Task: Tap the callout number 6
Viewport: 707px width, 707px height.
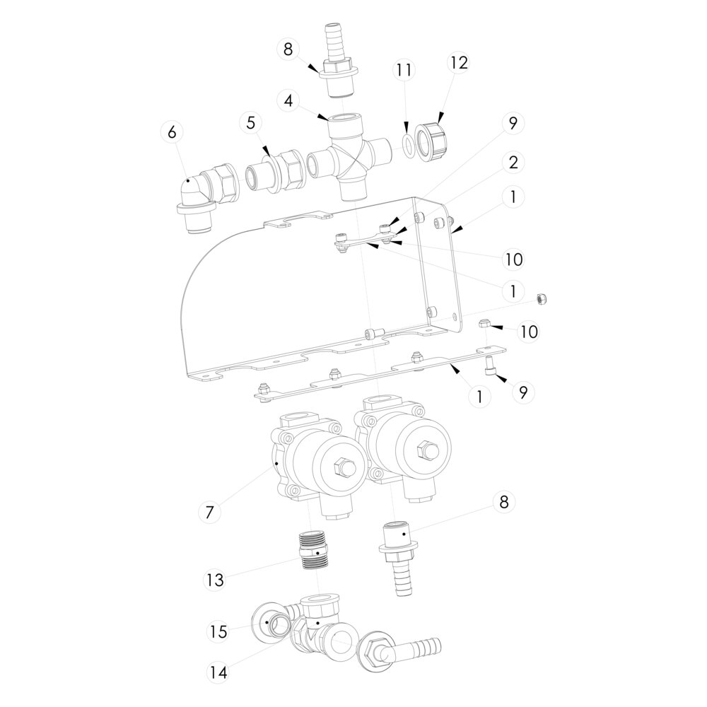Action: tap(172, 132)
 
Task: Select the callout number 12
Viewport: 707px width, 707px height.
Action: tap(458, 62)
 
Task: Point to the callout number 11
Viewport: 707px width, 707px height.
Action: tap(404, 70)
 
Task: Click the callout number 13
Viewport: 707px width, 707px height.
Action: tap(215, 580)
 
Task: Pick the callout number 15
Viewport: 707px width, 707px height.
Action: tap(218, 631)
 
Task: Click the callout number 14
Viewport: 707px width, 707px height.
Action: tap(218, 673)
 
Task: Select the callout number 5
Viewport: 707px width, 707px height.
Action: tap(250, 122)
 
